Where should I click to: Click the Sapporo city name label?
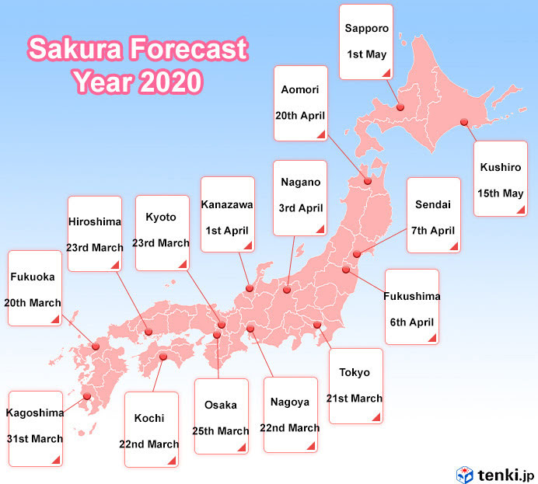click(366, 27)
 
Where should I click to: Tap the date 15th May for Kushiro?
click(501, 193)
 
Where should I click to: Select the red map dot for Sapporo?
click(400, 107)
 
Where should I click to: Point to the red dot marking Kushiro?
click(464, 121)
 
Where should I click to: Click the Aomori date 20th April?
click(300, 115)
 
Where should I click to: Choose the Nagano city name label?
click(300, 183)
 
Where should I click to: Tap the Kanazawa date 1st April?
click(227, 231)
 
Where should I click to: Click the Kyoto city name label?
click(162, 217)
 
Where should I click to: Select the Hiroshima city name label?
click(95, 221)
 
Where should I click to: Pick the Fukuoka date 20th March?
click(33, 302)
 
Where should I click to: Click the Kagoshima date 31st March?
click(35, 439)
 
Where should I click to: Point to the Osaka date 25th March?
click(222, 431)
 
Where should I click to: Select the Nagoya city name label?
click(290, 402)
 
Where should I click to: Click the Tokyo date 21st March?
click(355, 399)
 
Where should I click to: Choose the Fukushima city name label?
click(412, 296)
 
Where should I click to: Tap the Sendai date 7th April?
click(434, 231)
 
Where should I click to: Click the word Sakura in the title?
click(74, 50)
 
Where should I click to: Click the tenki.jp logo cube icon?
click(464, 473)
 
